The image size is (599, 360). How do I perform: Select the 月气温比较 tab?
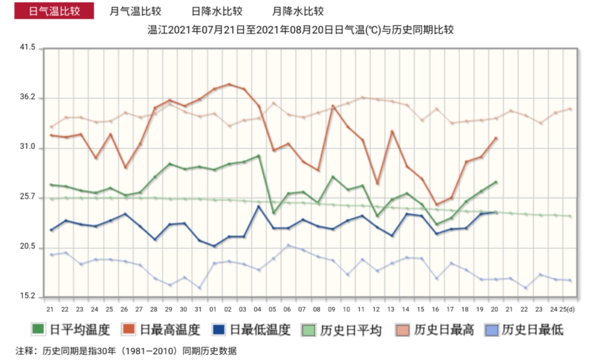(136, 11)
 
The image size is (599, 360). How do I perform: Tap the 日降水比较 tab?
(217, 11)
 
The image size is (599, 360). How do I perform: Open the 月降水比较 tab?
(298, 11)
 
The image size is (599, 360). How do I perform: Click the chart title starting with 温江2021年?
(301, 30)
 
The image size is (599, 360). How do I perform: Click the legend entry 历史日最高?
(434, 330)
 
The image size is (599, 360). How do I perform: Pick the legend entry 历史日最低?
(525, 330)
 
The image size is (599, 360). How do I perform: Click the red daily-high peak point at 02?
(229, 84)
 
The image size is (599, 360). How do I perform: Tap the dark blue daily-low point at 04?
(259, 206)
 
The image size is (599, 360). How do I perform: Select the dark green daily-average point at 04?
(259, 156)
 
